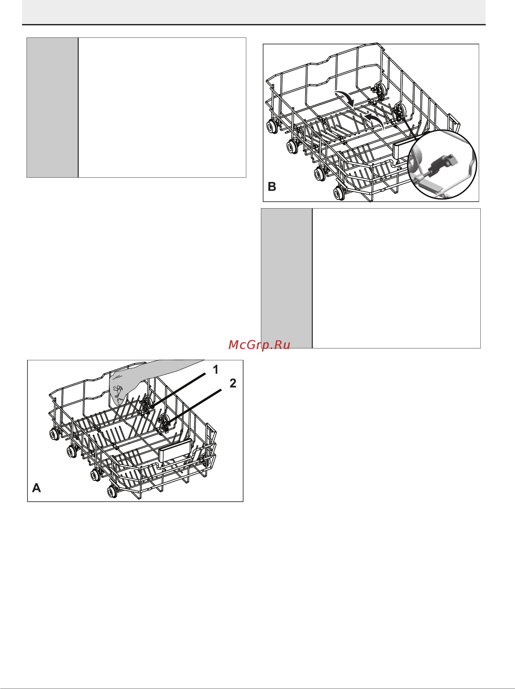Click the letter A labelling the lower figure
(37, 488)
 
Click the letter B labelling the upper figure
(272, 187)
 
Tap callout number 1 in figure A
(215, 370)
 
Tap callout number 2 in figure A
(233, 383)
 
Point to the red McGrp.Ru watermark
(259, 345)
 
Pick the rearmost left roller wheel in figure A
(55, 434)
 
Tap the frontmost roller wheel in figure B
(339, 193)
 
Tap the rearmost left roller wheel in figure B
(272, 127)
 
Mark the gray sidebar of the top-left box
(52, 108)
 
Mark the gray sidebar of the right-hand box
(287, 278)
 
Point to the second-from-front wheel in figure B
(320, 174)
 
